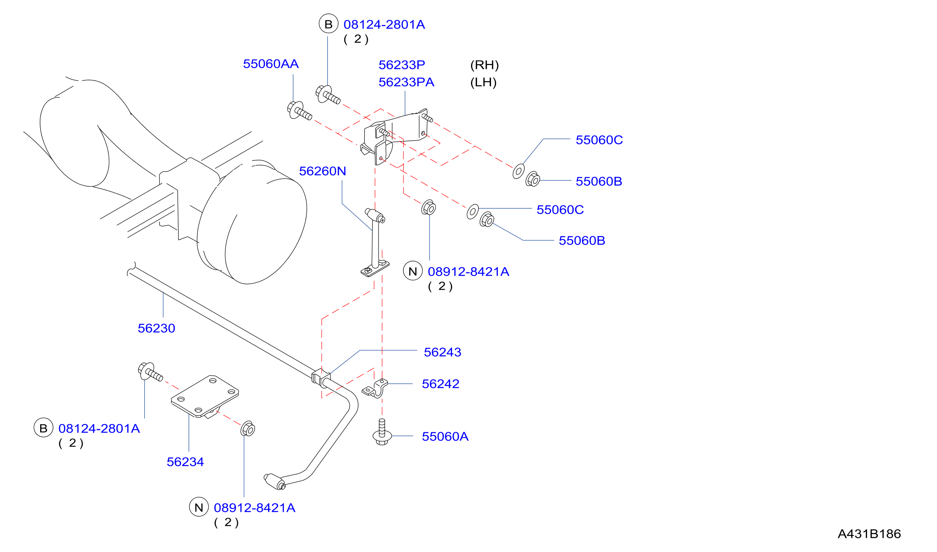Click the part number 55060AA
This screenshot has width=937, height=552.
click(271, 64)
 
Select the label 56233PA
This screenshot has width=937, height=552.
click(406, 82)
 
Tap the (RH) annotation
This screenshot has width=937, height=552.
click(484, 65)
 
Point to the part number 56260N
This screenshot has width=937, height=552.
click(322, 171)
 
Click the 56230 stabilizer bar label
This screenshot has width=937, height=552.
click(156, 328)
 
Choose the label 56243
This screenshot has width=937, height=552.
click(442, 352)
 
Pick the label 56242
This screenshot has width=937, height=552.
click(441, 384)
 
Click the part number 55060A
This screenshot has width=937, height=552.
click(445, 437)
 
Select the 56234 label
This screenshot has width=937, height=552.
click(185, 462)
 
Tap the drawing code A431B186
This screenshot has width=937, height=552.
click(869, 534)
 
